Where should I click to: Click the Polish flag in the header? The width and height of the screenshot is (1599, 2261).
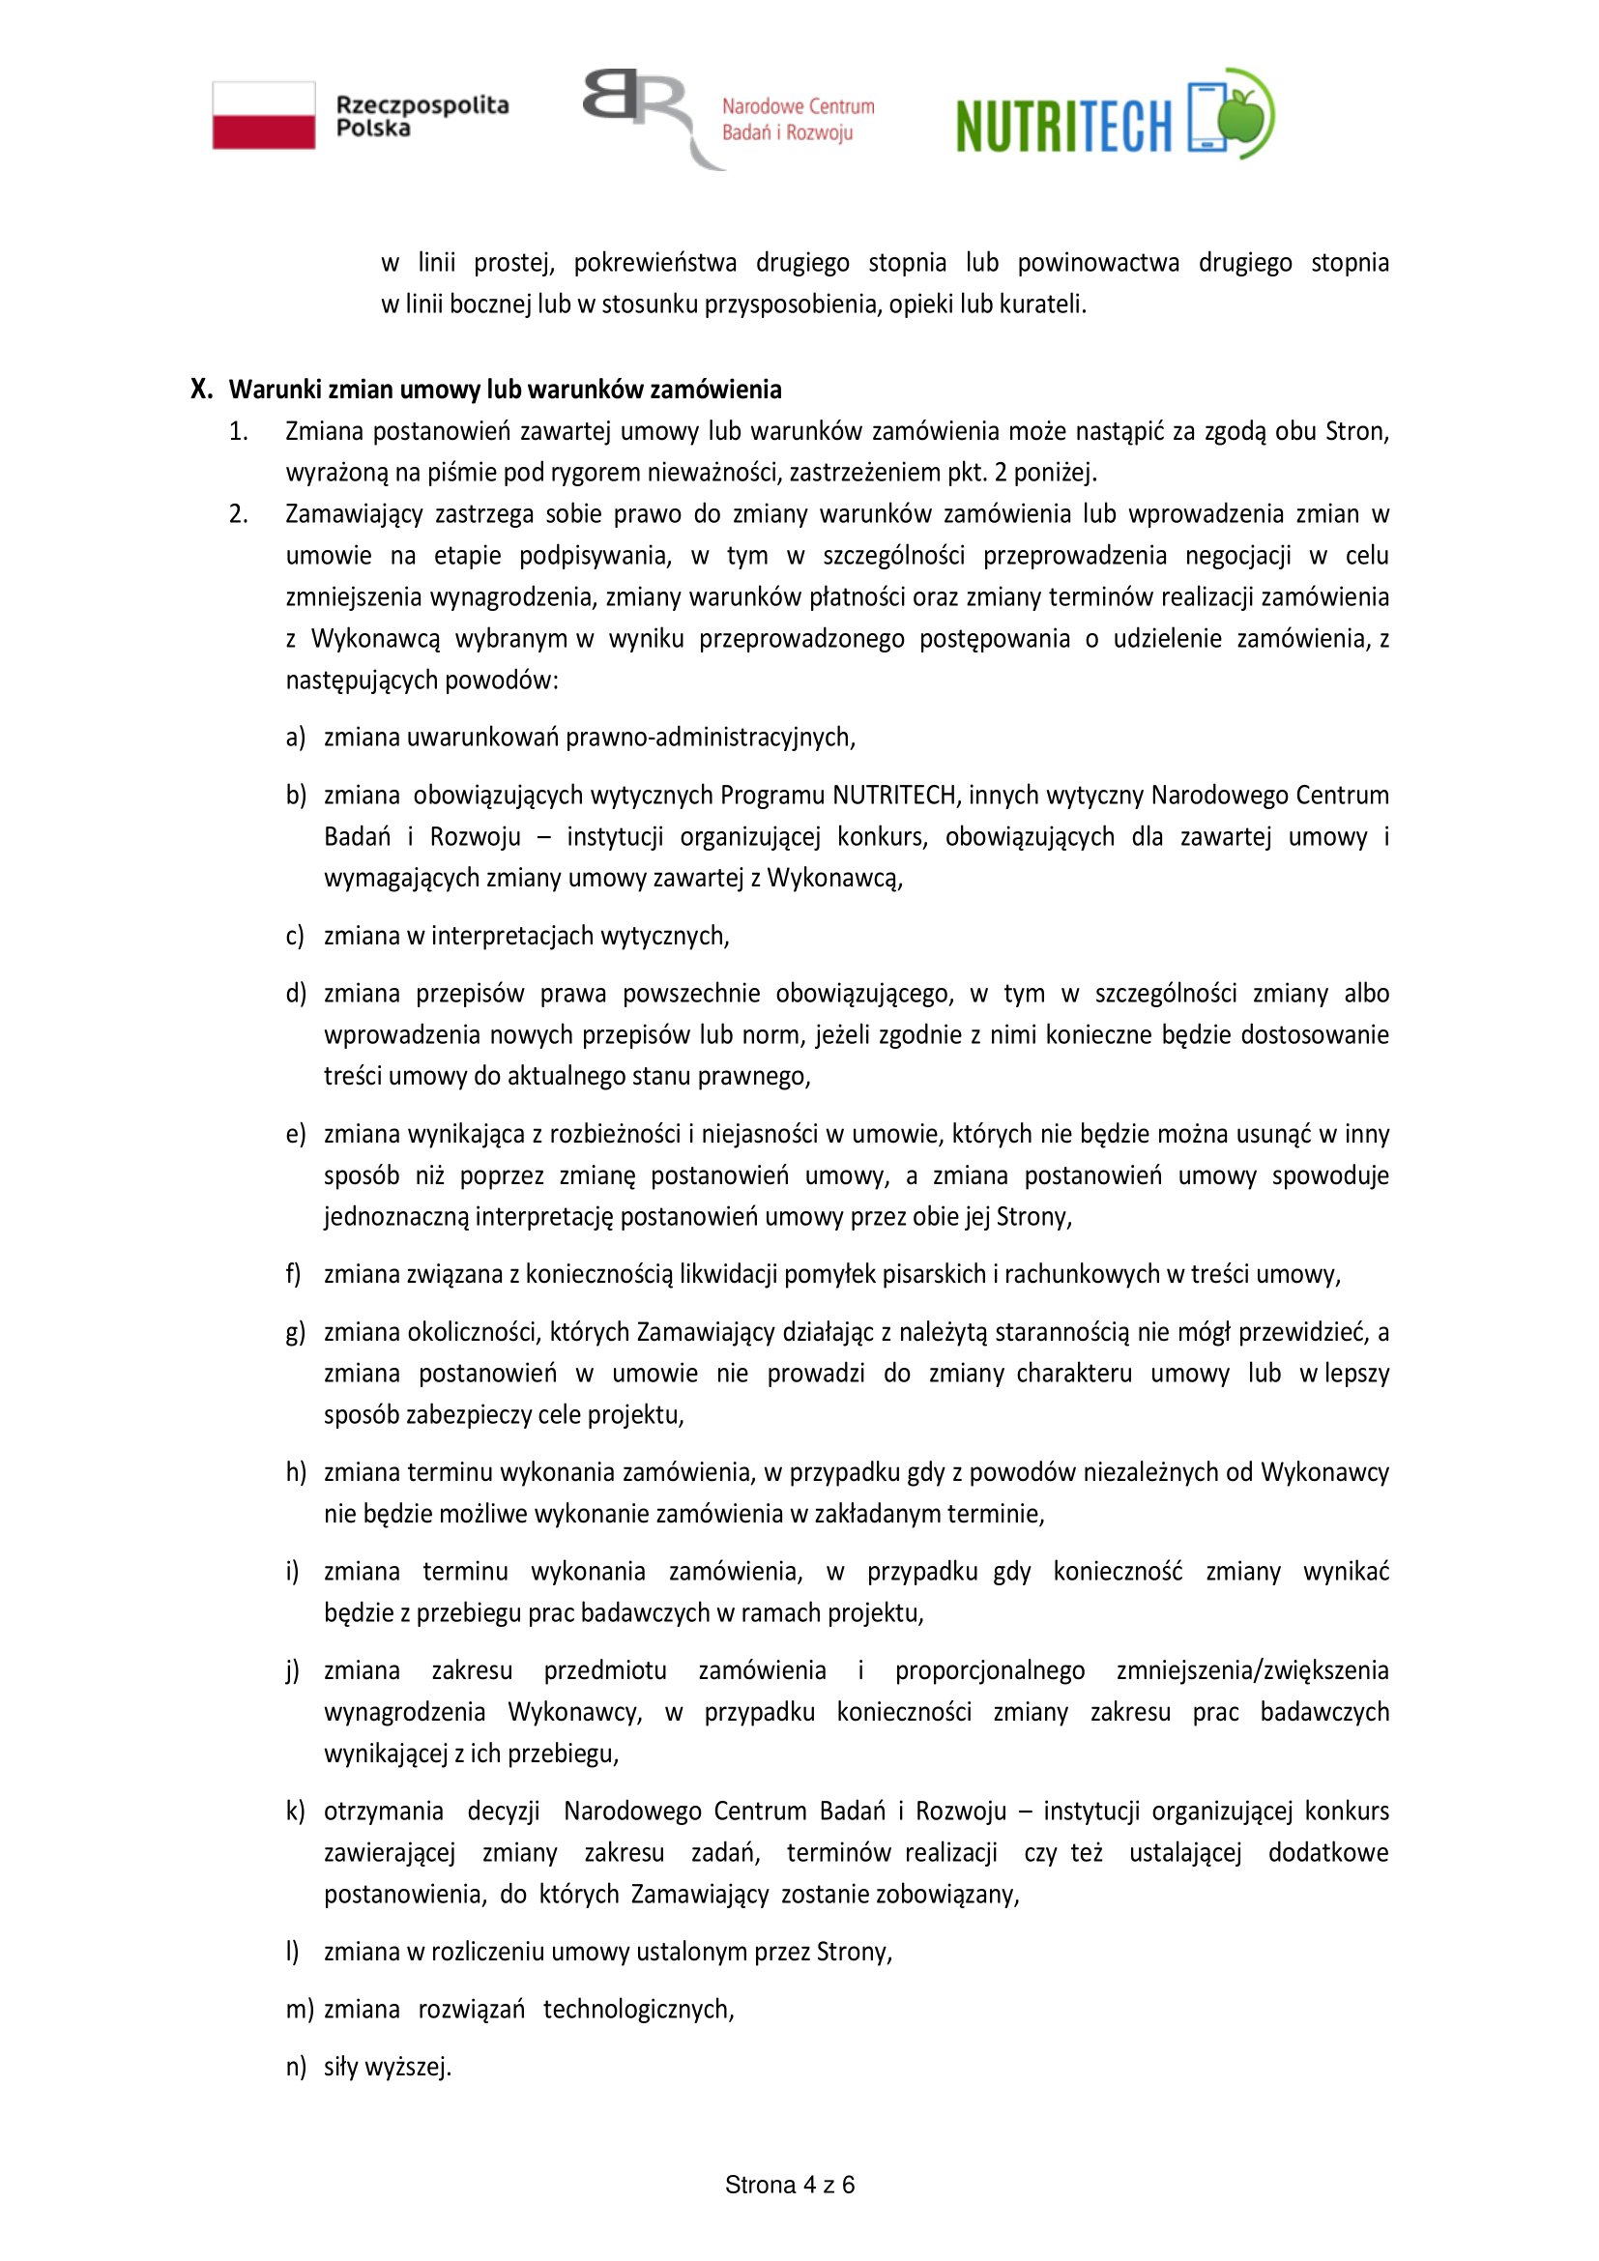[x=264, y=115]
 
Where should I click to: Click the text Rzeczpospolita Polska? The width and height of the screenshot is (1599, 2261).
[x=422, y=116]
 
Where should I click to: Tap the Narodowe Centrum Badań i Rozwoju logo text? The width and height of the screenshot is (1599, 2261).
[x=798, y=119]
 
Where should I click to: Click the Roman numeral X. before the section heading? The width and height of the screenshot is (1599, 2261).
[x=201, y=389]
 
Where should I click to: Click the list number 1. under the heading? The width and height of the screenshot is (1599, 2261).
[x=238, y=431]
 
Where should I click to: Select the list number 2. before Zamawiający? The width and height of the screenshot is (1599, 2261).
[x=238, y=514]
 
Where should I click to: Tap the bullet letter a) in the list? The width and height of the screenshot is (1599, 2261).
[x=296, y=737]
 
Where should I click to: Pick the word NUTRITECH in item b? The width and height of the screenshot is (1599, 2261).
[x=894, y=795]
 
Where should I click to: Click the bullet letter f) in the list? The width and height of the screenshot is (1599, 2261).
[x=294, y=1274]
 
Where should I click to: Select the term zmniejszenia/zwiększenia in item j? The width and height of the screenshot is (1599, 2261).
[x=1252, y=1670]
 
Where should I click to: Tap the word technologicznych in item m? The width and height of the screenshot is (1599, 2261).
[x=638, y=2009]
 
